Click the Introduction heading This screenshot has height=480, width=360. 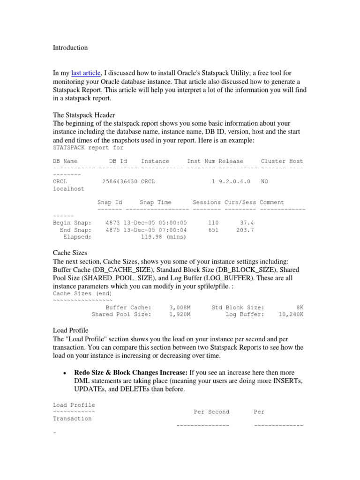pyautogui.click(x=70, y=48)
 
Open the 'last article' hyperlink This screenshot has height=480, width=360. pyautogui.click(x=86, y=73)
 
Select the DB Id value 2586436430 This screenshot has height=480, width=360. pyautogui.click(x=119, y=181)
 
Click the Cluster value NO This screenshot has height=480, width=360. pyautogui.click(x=264, y=181)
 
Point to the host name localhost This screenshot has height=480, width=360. pyautogui.click(x=68, y=188)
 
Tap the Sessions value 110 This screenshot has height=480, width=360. pyautogui.click(x=213, y=223)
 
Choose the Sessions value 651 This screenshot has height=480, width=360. pyautogui.click(x=213, y=230)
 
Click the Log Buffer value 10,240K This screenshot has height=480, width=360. pyautogui.click(x=291, y=315)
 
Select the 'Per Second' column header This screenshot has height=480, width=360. pyautogui.click(x=211, y=412)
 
